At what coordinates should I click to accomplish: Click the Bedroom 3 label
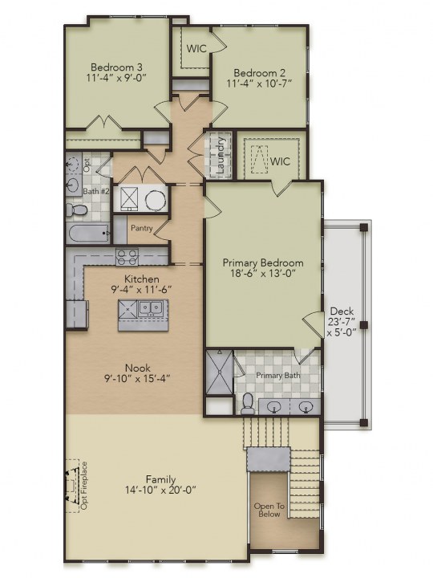coord(116,67)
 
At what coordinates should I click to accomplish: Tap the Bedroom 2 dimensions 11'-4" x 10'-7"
coord(259,83)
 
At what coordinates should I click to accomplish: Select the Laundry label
coord(221,155)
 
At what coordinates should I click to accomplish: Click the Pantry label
coord(142,228)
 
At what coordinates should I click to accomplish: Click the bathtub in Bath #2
coord(88,234)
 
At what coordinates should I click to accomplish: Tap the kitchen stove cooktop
coord(127,258)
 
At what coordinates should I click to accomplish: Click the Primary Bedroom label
coord(263,263)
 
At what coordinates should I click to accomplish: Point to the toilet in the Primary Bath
coord(247,404)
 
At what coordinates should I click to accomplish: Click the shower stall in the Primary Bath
coord(220,372)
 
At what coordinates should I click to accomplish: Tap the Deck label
coord(342,311)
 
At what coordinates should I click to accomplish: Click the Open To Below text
coord(269,511)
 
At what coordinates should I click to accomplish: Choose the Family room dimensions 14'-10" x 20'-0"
coord(160,490)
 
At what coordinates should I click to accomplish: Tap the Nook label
coord(138,368)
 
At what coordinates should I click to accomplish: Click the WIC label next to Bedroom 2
coord(196,48)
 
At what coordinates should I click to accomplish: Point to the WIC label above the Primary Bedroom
coord(280,161)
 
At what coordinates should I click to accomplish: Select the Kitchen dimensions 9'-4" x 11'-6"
coord(142,289)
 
